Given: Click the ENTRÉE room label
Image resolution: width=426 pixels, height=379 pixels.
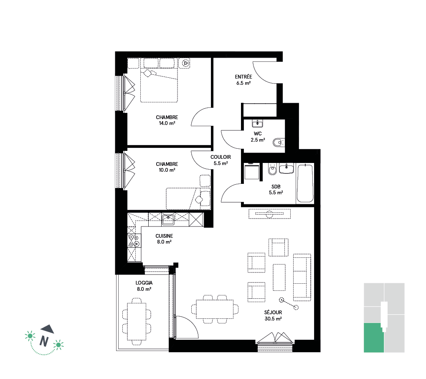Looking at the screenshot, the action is tap(243, 77).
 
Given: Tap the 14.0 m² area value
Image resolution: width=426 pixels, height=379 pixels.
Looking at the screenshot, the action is tap(167, 123).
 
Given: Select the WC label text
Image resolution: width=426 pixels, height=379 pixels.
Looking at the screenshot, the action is tap(258, 134).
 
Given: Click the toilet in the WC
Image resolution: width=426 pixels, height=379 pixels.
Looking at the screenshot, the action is tap(278, 142).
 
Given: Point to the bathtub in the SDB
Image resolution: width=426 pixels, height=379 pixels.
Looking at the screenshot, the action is tap(305, 183).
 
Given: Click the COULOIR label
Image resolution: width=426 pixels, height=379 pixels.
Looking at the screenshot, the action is tap(221, 157).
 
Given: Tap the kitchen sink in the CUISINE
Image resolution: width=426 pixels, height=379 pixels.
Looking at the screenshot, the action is tap(168, 219).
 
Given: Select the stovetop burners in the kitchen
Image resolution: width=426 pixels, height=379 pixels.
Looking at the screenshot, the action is tap(134, 241).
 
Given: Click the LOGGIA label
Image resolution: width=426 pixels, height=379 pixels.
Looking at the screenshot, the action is tap(144, 283).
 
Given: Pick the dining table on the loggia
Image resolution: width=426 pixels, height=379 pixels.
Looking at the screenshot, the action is tap(137, 322).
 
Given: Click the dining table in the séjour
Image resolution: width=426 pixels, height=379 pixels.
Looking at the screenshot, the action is tap(215, 309).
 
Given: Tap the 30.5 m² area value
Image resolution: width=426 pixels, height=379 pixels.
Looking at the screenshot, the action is tap(273, 319).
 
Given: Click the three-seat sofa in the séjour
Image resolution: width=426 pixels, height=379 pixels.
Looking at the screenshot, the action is tap(302, 277).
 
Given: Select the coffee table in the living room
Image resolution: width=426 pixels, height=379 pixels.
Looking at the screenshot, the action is tap(279, 277).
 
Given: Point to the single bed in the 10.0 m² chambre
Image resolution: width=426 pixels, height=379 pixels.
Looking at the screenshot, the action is tap(188, 199).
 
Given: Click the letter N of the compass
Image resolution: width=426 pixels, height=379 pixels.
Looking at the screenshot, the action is tap(44, 341).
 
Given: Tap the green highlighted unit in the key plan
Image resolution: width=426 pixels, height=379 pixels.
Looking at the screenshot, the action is tap(374, 338).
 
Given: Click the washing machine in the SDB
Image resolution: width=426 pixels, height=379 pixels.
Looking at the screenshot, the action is tap(251, 171).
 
